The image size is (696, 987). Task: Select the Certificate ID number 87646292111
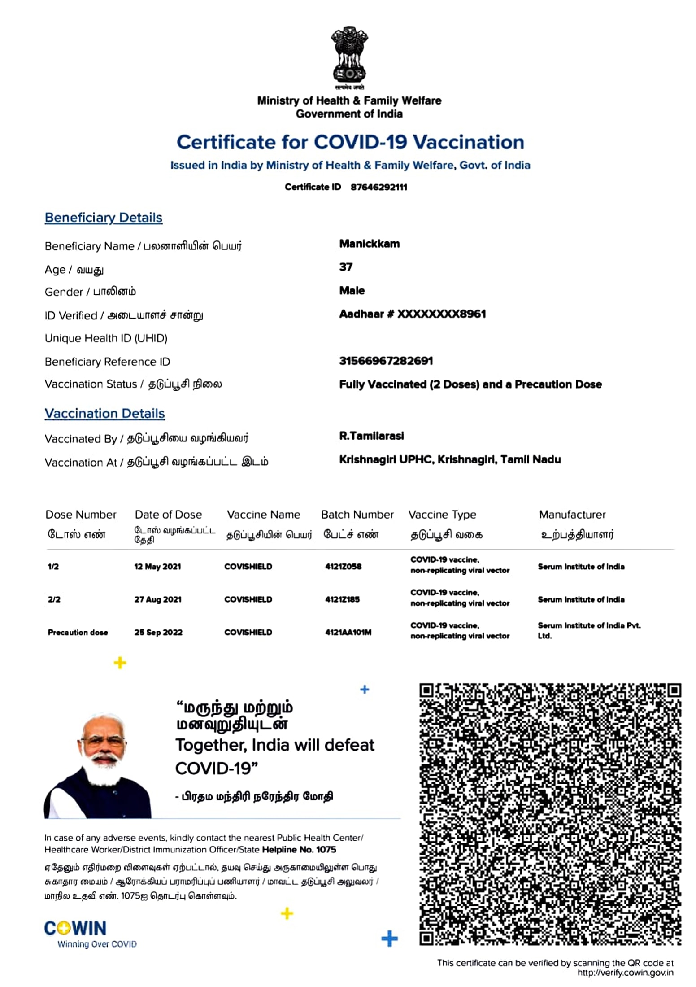pyautogui.click(x=379, y=187)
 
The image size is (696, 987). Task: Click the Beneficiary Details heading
pyautogui.click(x=103, y=218)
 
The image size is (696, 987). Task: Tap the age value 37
pyautogui.click(x=346, y=267)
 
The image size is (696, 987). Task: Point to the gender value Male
pyautogui.click(x=352, y=291)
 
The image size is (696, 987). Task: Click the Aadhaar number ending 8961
pyautogui.click(x=412, y=314)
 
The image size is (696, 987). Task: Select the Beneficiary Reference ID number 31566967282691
pyautogui.click(x=386, y=361)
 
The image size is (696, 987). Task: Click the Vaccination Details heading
pyautogui.click(x=104, y=413)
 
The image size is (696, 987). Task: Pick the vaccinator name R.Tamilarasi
pyautogui.click(x=371, y=436)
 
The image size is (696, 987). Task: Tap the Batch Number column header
pyautogui.click(x=357, y=515)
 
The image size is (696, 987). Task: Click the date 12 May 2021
pyautogui.click(x=157, y=567)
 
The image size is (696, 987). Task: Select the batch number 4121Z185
pyautogui.click(x=342, y=599)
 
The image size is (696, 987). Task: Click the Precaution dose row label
pyautogui.click(x=78, y=633)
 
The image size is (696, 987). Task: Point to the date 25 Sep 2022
pyautogui.click(x=158, y=633)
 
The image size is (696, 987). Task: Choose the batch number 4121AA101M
pyautogui.click(x=348, y=633)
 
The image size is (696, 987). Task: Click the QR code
pyautogui.click(x=550, y=814)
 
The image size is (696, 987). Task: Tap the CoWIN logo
pyautogui.click(x=75, y=929)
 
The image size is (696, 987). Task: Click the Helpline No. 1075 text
pyautogui.click(x=299, y=849)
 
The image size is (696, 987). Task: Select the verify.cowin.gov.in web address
pyautogui.click(x=625, y=973)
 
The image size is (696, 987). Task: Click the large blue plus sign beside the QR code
pyautogui.click(x=389, y=939)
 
